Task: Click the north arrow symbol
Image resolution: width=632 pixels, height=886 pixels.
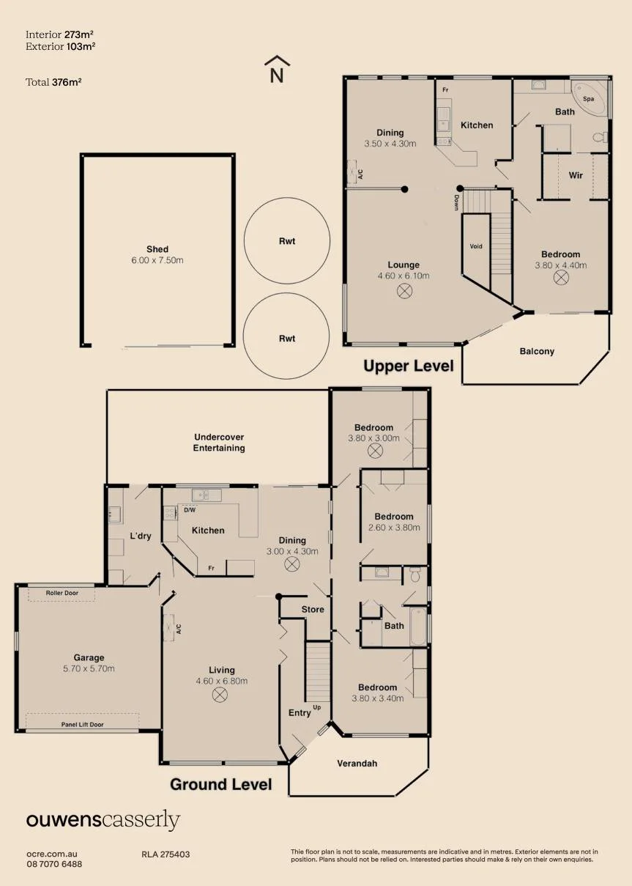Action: pos(277,69)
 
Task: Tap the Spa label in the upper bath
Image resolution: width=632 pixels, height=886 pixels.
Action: pos(588,99)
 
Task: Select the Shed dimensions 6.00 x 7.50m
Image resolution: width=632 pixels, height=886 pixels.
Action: pos(157,260)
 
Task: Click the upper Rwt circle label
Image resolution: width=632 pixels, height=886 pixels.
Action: pos(287,241)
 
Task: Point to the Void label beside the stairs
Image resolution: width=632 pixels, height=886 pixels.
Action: pos(476,246)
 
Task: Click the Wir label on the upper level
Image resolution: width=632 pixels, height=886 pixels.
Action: pos(576,175)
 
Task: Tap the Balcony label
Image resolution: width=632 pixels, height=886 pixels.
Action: pos(537,351)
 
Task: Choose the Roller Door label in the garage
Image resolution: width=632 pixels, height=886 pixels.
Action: pos(62,593)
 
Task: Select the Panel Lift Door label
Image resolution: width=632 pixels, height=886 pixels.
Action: pos(82,725)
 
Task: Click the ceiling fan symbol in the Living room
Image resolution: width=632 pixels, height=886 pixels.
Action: pos(220,695)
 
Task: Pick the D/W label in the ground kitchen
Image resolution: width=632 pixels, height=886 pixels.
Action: pos(190,510)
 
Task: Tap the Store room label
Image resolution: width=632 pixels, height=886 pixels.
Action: pos(313,610)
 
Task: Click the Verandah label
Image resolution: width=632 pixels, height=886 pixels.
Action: pos(357,764)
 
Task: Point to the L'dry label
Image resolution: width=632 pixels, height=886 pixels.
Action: pos(141,536)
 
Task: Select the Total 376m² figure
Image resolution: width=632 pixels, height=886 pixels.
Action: pos(53,82)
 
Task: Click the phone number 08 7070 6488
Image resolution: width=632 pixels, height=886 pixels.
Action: pos(54,864)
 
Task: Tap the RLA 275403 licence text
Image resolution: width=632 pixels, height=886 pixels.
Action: pos(166,854)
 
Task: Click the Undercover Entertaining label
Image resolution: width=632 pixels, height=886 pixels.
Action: pos(219,443)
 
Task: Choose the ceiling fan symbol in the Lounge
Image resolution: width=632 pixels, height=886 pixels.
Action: pos(404,292)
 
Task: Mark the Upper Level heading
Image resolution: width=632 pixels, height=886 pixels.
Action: pos(409,366)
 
